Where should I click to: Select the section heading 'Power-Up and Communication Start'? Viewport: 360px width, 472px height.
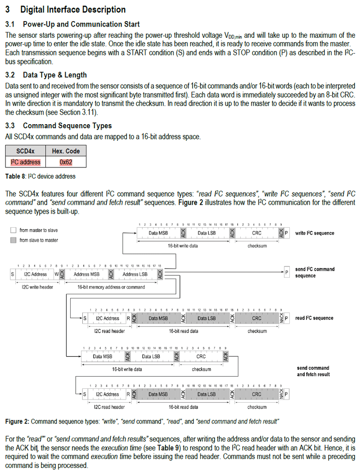(x=81, y=24)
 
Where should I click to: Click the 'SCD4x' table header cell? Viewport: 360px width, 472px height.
(x=26, y=151)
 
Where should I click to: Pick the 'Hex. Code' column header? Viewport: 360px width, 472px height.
(x=66, y=151)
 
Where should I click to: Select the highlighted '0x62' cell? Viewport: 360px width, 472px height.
(x=66, y=162)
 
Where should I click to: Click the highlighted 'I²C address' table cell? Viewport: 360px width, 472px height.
(x=26, y=162)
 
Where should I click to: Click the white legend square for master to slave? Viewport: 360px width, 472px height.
(x=13, y=230)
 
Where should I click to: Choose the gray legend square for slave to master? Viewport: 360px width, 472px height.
(x=13, y=240)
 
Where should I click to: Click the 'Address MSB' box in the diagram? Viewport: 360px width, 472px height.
(x=86, y=274)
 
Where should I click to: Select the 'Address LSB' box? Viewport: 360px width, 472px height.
(x=135, y=274)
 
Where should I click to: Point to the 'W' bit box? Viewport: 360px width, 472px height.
(x=57, y=274)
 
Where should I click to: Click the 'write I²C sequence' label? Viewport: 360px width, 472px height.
(x=315, y=233)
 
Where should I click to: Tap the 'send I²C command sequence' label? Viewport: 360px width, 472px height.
(x=315, y=272)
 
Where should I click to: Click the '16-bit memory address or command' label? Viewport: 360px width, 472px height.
(x=111, y=287)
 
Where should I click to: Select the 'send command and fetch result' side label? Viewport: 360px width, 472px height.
(x=313, y=371)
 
